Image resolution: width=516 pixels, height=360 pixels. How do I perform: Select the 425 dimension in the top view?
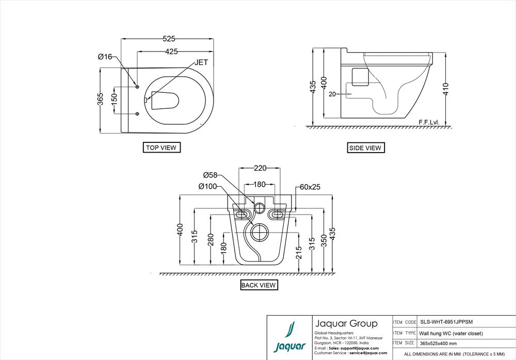point(172,52)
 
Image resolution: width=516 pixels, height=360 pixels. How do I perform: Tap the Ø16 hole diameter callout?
point(105,57)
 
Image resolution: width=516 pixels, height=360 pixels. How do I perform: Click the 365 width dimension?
point(101,100)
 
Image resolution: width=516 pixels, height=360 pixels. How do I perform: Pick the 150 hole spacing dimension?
point(114,100)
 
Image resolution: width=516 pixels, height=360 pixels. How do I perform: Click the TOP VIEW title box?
point(162,148)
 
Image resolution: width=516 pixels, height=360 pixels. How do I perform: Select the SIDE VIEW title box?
point(365,148)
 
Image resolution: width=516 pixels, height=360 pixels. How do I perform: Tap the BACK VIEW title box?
point(259,285)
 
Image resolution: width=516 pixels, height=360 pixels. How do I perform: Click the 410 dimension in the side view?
point(445,89)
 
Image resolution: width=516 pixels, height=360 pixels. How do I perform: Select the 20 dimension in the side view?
point(332,94)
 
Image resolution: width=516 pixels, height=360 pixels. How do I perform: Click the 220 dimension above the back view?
point(260,168)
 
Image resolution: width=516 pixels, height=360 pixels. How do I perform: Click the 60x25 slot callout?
point(310,186)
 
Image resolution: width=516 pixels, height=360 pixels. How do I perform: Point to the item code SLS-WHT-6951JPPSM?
point(446,321)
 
